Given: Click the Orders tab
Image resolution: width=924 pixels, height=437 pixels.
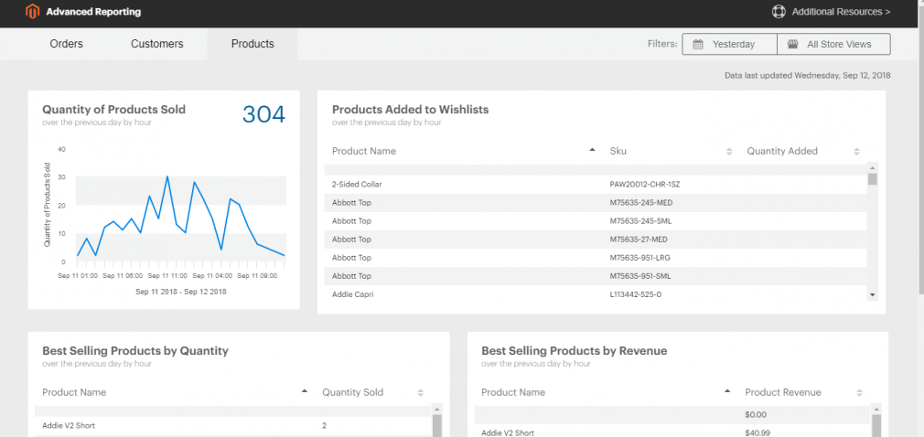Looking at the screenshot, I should pos(66,44).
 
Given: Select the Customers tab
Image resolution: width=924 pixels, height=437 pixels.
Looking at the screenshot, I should pos(156,44).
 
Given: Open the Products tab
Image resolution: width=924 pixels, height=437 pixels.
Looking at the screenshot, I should pos(252,44).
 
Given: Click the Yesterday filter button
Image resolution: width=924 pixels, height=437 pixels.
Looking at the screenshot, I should pos(728,44).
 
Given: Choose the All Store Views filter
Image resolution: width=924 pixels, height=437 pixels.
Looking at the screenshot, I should pos(833,44).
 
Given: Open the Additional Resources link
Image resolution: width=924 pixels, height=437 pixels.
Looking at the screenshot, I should pos(832,12).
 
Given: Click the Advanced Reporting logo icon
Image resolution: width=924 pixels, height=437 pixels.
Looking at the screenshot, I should pos(33,12).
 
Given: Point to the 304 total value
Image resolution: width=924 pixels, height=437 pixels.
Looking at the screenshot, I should pos(263,114).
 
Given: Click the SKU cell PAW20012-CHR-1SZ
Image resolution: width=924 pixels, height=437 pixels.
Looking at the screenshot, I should pos(644,185).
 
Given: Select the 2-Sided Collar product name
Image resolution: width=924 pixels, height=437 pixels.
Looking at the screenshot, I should pos(357,185).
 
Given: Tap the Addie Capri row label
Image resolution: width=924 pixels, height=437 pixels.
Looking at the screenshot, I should pos(352,294).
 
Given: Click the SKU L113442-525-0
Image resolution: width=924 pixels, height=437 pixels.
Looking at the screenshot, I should pos(635,294).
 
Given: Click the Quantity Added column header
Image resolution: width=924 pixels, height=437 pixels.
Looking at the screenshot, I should pos(782,151).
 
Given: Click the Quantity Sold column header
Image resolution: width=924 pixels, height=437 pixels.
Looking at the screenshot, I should pos(352,392).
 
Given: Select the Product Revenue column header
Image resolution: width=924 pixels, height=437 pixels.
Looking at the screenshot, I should pos(783,392).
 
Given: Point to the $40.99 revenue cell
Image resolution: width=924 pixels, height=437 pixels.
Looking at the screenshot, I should pos(758,432).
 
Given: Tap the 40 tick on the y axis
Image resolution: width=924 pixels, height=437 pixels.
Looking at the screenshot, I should pos(61,149).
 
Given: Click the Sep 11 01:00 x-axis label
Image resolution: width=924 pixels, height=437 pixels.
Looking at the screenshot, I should pos(78,275).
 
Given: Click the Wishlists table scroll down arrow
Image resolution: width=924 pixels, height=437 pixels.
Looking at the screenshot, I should pos(872,294).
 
